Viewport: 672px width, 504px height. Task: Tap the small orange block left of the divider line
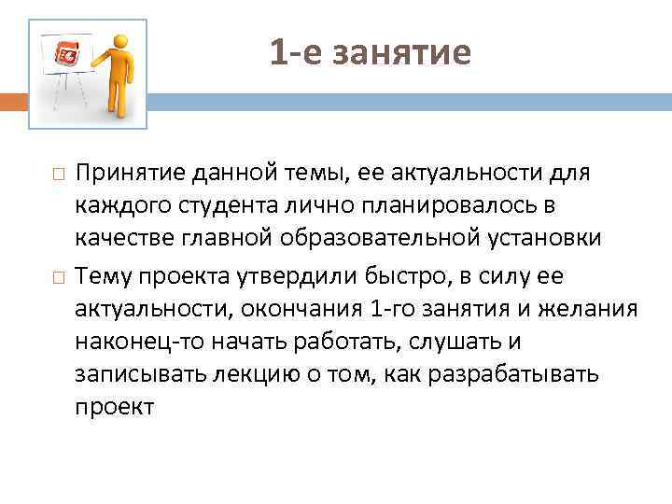(18, 101)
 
